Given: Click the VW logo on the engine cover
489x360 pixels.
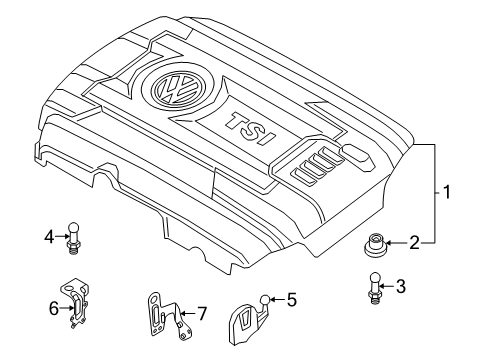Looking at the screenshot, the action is (x=176, y=88).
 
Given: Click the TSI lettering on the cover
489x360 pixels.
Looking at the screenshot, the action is (x=251, y=129).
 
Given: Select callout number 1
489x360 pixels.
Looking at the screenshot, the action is (x=446, y=192).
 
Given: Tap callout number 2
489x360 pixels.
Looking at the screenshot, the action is (x=414, y=243).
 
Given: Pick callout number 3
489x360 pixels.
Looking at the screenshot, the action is (x=401, y=286).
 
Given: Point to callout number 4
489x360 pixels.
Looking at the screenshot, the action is (x=49, y=237).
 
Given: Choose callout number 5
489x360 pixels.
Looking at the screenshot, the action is (x=292, y=300).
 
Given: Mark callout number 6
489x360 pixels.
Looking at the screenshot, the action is (x=54, y=309).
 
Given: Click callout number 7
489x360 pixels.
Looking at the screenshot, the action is (x=202, y=314).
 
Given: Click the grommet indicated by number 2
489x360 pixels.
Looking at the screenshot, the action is (x=375, y=245).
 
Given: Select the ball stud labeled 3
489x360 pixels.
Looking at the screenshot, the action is (x=375, y=288).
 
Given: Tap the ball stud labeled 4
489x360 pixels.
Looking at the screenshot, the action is (x=73, y=238).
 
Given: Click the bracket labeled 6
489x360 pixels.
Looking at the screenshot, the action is (x=75, y=303).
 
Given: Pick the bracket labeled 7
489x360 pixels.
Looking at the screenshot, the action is (x=168, y=316).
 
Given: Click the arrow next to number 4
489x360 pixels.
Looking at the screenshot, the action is (x=62, y=236).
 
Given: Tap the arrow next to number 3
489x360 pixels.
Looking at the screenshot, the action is (x=387, y=286).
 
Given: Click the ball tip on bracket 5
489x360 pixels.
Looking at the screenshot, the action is (x=265, y=300).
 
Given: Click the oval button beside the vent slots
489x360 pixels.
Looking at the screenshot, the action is (x=357, y=154).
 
